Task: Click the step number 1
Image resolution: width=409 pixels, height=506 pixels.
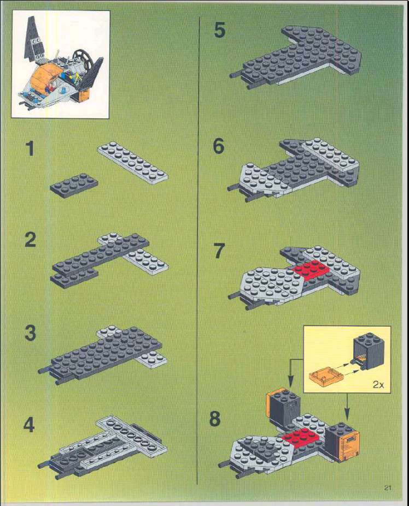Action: point(30,149)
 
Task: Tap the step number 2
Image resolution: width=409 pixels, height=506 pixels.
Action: point(30,240)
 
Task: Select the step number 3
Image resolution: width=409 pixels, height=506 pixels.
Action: point(30,333)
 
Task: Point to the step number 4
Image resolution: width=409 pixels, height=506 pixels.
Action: point(29,425)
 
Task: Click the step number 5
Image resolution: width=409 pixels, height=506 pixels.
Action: point(219,31)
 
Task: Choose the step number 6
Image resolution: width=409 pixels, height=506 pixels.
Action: point(219,146)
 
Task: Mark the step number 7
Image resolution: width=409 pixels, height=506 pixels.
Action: point(219,251)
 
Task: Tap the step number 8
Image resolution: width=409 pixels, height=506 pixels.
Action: point(215,419)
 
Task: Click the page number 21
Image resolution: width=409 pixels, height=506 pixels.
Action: point(388,487)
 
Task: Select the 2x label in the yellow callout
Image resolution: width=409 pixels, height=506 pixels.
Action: point(378,384)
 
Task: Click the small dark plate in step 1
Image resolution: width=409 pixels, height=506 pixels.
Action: point(74,185)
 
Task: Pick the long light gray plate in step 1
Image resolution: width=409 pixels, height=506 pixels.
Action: point(132,162)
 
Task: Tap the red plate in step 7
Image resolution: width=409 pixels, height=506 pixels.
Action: point(312,270)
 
